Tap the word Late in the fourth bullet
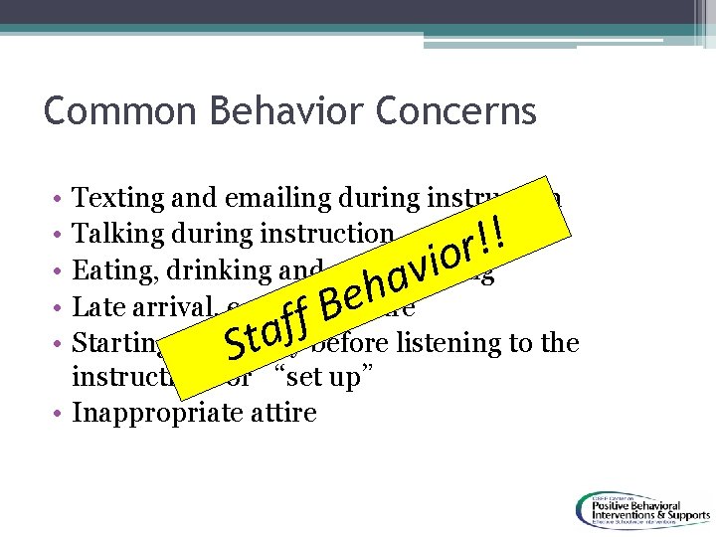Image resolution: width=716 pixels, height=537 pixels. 97,306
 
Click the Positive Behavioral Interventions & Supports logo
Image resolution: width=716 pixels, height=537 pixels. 640,508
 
